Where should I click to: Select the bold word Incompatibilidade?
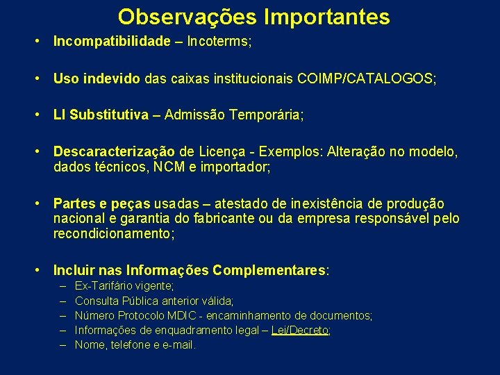[112, 42]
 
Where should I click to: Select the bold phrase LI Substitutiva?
[101, 115]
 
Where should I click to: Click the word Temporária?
[263, 115]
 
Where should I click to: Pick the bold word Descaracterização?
[115, 152]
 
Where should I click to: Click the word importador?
[240, 167]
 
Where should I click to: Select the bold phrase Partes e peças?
[101, 204]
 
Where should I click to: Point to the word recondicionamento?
[113, 233]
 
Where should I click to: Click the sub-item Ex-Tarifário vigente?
[124, 286]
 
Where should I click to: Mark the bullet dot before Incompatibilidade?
[42, 42]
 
